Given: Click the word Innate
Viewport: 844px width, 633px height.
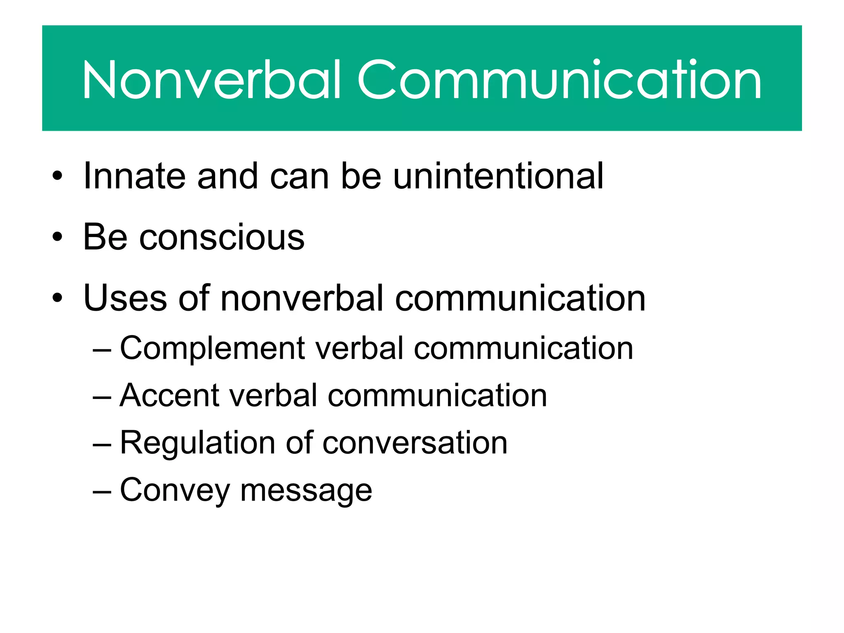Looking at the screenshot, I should [134, 176].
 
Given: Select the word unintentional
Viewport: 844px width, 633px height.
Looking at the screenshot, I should [498, 176].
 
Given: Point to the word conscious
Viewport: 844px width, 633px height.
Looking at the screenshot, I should [222, 237].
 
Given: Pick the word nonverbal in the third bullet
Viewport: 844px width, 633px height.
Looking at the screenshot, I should [302, 298].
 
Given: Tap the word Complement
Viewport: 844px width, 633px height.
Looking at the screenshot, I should [212, 349].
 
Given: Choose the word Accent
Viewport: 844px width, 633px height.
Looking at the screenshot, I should [169, 396].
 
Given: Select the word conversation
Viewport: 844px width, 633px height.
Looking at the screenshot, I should [415, 443].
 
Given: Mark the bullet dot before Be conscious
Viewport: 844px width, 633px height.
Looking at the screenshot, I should [57, 237].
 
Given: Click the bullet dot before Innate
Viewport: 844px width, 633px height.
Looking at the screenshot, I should [57, 176].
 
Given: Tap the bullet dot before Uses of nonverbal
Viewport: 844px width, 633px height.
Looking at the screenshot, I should [57, 298].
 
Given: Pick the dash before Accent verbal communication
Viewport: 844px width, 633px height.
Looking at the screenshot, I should [102, 397].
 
